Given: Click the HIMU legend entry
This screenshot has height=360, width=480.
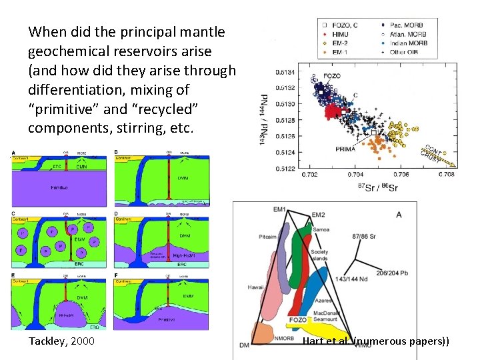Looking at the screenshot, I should pyautogui.click(x=339, y=34).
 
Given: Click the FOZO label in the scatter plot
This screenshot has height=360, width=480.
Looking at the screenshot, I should pyautogui.click(x=332, y=77).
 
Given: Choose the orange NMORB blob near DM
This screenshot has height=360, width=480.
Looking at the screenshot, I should pyautogui.click(x=261, y=333).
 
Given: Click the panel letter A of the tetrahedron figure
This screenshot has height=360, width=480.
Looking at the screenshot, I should pyautogui.click(x=399, y=215).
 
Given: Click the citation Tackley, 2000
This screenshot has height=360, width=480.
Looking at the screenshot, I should pyautogui.click(x=61, y=341).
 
